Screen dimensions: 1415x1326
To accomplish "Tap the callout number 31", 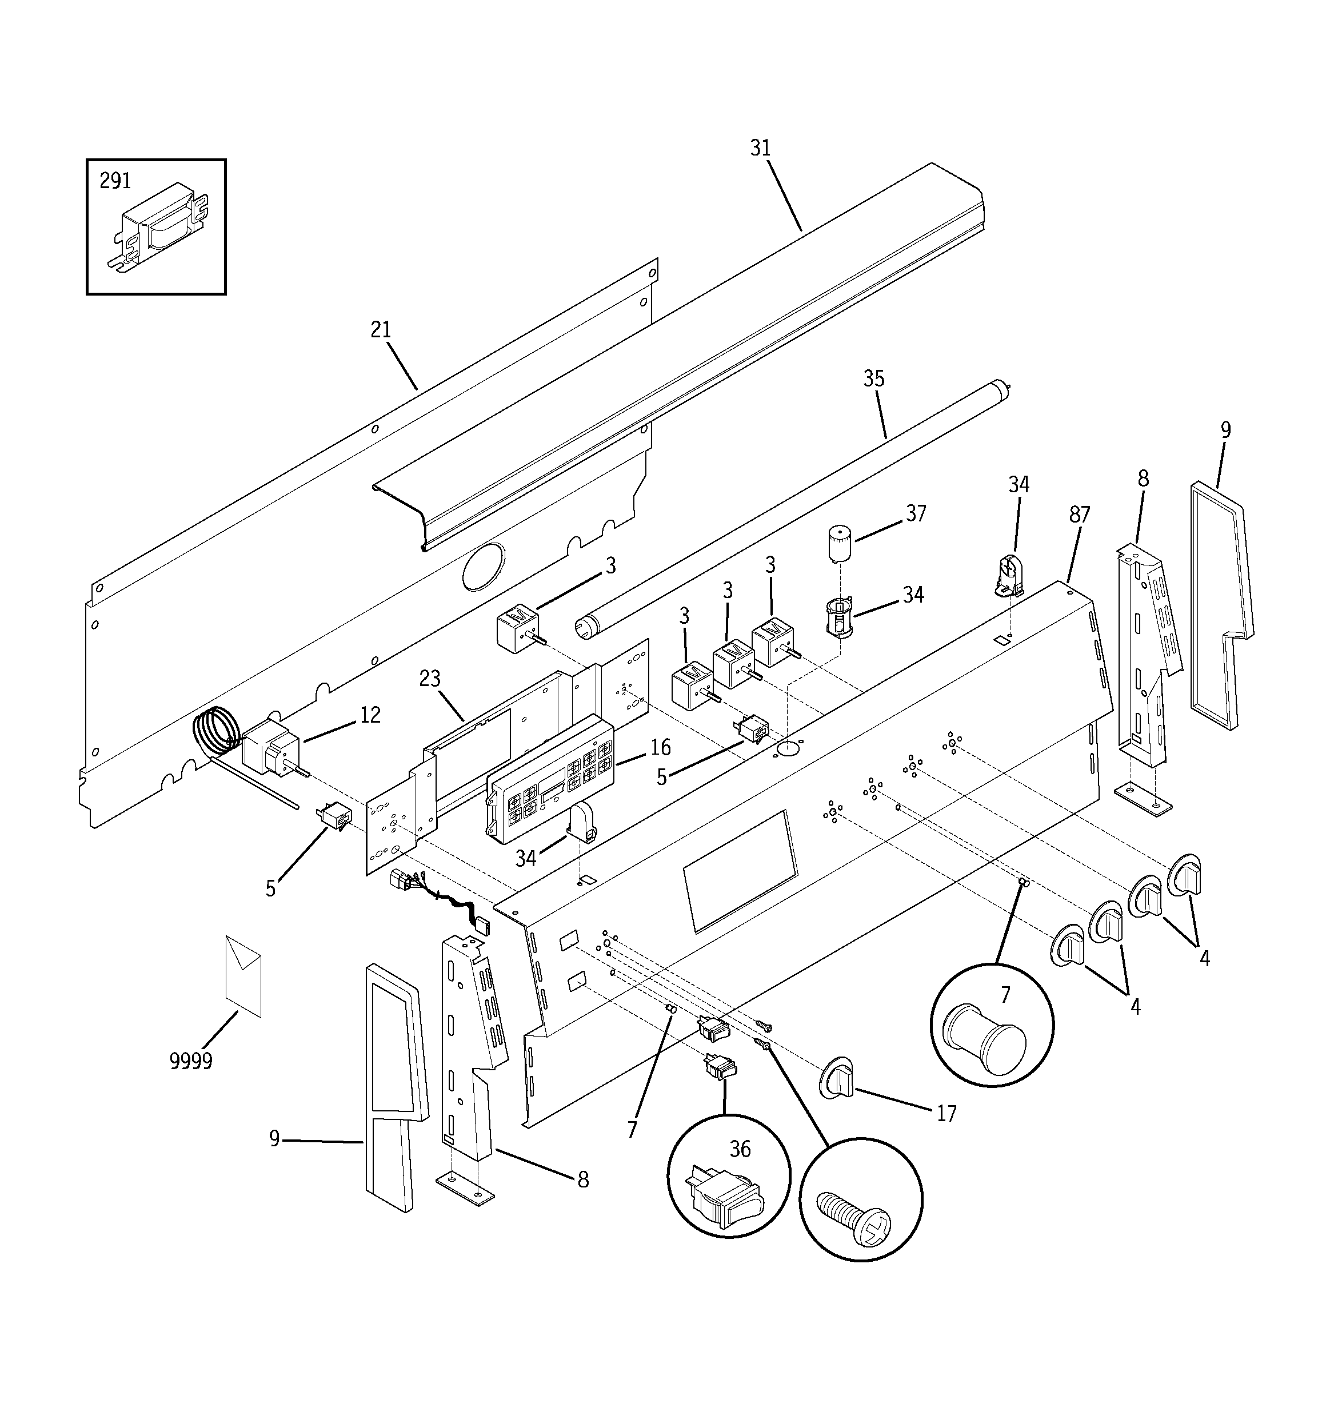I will pos(760,148).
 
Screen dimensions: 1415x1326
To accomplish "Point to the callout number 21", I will pos(381,330).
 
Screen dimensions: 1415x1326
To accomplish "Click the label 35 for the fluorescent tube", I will pos(873,378).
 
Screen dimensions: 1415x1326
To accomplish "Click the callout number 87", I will pos(1079,515).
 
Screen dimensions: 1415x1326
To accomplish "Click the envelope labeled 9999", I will pos(243,975).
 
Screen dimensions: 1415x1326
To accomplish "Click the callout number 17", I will pos(945,1113).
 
